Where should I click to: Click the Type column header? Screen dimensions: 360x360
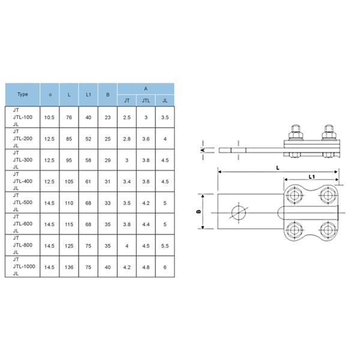23,94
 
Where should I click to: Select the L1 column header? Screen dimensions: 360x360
88,95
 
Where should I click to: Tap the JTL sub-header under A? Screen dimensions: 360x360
146,101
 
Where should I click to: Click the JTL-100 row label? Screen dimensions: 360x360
23,117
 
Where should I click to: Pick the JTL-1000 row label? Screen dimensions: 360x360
24,266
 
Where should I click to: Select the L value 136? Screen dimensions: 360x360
69,267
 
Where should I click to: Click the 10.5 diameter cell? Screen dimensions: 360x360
49,118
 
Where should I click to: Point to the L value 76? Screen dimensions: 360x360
69,118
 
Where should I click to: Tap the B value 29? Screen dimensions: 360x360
107,160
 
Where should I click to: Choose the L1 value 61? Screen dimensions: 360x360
88,182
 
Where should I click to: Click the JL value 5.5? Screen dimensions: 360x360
165,246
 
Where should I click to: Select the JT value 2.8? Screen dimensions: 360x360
127,139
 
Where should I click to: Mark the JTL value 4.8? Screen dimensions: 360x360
146,267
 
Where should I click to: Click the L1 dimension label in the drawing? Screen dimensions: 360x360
311,176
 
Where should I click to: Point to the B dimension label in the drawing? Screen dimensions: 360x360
199,211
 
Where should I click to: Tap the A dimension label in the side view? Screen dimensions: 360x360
203,150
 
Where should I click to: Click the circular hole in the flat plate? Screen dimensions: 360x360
239,212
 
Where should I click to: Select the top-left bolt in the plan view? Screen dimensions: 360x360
294,196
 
